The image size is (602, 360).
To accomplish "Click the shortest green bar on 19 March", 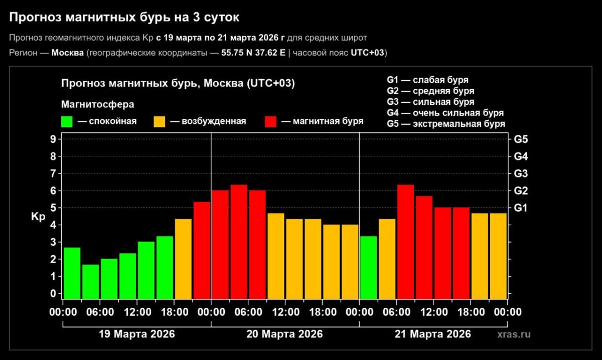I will tap(90, 281).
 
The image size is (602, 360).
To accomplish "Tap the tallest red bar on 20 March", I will tap(239, 241).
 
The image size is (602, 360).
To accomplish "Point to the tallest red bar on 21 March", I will tap(405, 241).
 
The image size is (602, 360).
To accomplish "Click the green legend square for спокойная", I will tap(67, 121).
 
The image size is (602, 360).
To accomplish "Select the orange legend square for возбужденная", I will tap(159, 121).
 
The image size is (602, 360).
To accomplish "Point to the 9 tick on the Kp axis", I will tap(53, 139).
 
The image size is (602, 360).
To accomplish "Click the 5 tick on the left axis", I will tap(53, 208).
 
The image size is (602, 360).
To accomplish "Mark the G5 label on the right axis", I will tap(521, 139).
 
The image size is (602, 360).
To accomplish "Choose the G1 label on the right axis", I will tap(521, 208).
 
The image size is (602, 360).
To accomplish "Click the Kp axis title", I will tap(38, 217).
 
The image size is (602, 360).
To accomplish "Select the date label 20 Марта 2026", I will tap(284, 334).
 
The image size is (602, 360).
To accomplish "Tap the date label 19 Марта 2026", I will tap(136, 334).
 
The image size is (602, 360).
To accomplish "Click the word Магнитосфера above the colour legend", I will tap(97, 104).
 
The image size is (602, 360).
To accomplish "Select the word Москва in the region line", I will tap(68, 53).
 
